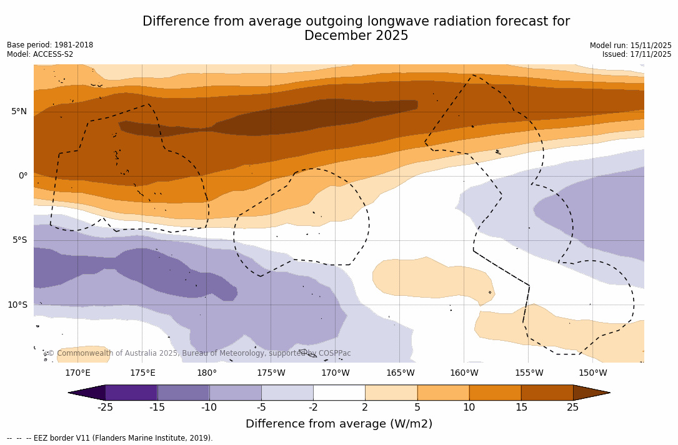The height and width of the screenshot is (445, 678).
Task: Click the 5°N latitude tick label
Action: pos(19,112)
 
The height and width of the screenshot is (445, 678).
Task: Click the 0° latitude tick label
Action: pos(22,176)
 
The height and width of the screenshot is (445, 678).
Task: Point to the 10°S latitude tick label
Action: pos(17,305)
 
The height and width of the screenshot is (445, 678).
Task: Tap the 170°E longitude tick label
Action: pos(77,373)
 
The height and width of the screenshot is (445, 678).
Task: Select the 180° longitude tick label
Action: pos(207,373)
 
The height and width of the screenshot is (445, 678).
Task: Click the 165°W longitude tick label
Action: pos(400,373)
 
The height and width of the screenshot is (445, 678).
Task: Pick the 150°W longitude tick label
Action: pos(592,373)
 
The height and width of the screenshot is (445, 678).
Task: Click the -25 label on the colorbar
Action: pos(105,408)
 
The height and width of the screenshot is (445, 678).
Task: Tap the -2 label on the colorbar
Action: pos(313,408)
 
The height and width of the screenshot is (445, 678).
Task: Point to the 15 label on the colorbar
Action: pos(521,408)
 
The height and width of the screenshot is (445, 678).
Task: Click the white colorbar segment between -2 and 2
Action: pos(339,393)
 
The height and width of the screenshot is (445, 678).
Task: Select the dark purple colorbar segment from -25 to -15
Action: pos(131,393)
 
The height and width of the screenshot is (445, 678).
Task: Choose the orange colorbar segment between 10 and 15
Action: pos(495,393)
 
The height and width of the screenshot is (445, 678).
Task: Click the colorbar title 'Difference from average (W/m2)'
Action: pos(339,424)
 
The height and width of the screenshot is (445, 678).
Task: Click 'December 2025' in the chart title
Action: pos(356,36)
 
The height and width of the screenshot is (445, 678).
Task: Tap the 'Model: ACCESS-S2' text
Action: pos(40,54)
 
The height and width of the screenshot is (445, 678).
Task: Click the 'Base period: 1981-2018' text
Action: pos(50,45)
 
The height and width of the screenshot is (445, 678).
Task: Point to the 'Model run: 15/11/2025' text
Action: pos(631,46)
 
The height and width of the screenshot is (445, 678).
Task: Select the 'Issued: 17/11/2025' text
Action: pos(637,54)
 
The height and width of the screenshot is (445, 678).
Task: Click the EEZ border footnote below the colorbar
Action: pos(110,438)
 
